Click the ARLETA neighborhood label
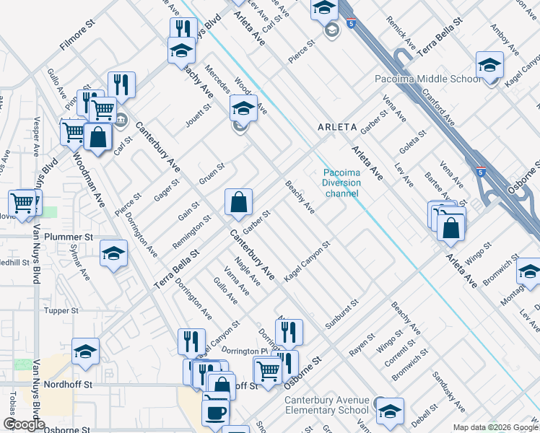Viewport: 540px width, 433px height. click(338, 127)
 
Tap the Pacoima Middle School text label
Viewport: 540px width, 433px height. click(427, 79)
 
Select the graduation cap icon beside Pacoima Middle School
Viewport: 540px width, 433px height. click(489, 66)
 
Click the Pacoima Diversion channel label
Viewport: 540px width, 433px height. click(341, 183)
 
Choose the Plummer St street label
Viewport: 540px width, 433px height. click(69, 237)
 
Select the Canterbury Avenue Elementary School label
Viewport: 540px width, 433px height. click(326, 406)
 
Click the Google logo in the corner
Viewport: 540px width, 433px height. click(24, 424)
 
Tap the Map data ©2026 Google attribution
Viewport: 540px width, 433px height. click(495, 427)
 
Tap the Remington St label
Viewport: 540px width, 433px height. click(191, 232)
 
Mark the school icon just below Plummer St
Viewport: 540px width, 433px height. click(113, 254)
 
